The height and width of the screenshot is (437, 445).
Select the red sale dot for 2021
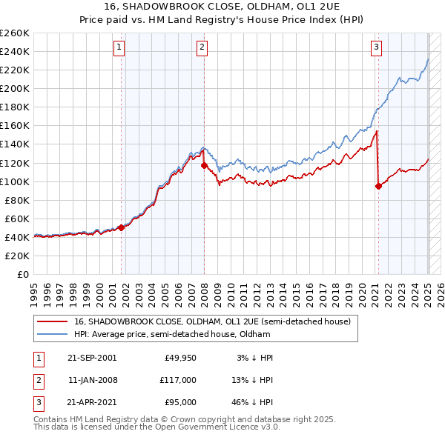click(x=378, y=186)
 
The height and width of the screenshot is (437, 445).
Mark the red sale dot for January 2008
click(x=204, y=165)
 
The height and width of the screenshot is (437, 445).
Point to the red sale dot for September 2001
click(x=122, y=227)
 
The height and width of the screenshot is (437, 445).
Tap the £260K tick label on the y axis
click(x=15, y=33)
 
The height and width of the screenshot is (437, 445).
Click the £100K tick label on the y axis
click(x=15, y=181)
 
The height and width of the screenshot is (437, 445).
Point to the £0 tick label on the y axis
click(x=22, y=274)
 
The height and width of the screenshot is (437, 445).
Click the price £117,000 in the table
click(x=178, y=380)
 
